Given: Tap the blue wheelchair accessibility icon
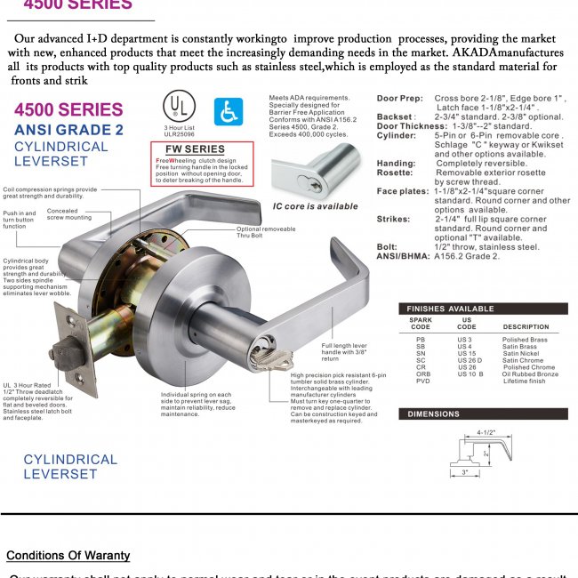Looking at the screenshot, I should (227, 110).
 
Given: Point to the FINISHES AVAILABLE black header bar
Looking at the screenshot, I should (481, 309).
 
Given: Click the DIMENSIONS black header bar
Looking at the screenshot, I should (481, 414).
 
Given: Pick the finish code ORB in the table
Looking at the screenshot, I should (421, 374).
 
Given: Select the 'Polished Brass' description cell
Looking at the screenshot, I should (525, 340).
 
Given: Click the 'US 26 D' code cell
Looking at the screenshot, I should (470, 360).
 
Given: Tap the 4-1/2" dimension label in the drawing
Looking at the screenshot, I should (486, 433).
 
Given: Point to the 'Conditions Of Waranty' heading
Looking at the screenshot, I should (68, 556).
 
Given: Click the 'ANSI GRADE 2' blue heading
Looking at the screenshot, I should (68, 130).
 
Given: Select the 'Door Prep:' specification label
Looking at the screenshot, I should (399, 97).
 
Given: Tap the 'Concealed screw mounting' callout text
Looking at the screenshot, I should (68, 214).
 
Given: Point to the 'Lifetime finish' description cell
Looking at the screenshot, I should (526, 381).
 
